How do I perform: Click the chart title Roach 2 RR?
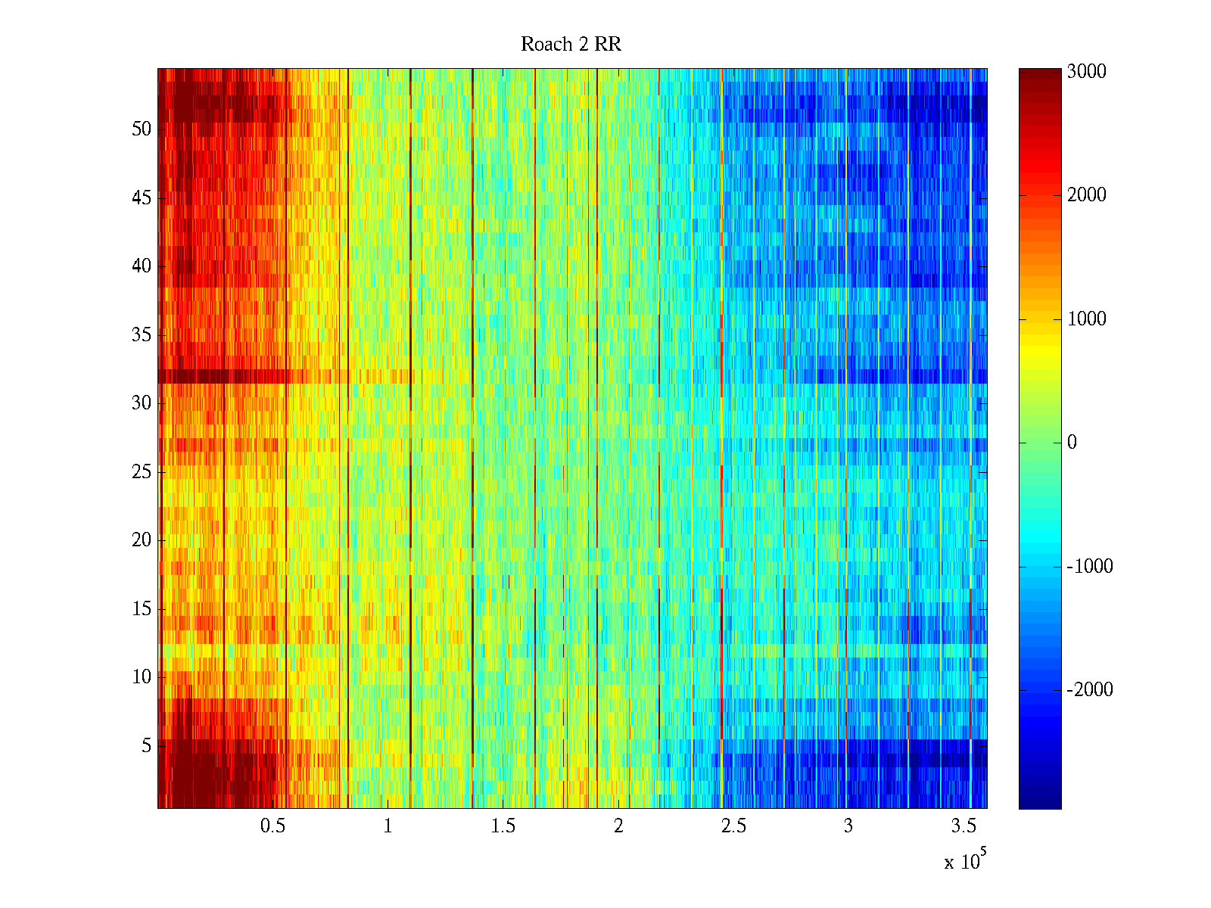pyautogui.click(x=571, y=45)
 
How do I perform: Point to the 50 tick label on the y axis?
pyautogui.click(x=142, y=129)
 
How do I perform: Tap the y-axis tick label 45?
pyautogui.click(x=142, y=198)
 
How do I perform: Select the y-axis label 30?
pyautogui.click(x=142, y=403)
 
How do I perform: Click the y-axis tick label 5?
pyautogui.click(x=146, y=746)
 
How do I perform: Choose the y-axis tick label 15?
pyautogui.click(x=142, y=609)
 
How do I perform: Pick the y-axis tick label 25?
pyautogui.click(x=142, y=472)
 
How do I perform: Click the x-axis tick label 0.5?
pyautogui.click(x=273, y=826)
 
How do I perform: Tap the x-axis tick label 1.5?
pyautogui.click(x=503, y=826)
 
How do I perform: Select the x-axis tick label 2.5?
pyautogui.click(x=733, y=826)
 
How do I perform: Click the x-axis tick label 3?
pyautogui.click(x=848, y=826)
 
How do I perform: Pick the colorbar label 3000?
pyautogui.click(x=1087, y=72)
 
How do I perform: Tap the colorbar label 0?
pyautogui.click(x=1072, y=443)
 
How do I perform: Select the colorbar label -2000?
pyautogui.click(x=1090, y=690)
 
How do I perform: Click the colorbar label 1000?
pyautogui.click(x=1087, y=319)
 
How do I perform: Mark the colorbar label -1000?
pyautogui.click(x=1090, y=567)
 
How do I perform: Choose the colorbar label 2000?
pyautogui.click(x=1087, y=195)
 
